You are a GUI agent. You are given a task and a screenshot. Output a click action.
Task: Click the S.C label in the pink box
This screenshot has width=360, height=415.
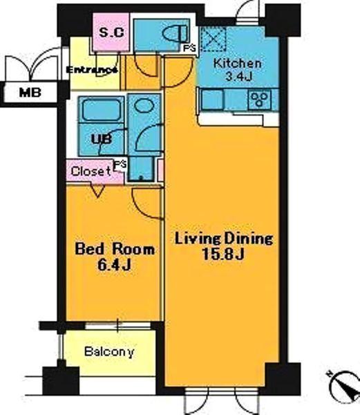point(111,33)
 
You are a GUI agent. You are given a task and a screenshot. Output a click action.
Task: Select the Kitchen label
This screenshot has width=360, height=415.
point(238,64)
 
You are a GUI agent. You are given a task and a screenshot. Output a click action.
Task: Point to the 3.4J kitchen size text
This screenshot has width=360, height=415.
point(238,77)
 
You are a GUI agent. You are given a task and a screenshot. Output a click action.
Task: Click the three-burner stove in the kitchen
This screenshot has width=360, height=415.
point(260,100)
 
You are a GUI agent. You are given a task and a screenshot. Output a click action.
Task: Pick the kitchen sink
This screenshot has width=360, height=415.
point(213,100)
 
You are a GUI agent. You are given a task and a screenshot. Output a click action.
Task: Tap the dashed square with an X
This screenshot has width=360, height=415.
point(214,39)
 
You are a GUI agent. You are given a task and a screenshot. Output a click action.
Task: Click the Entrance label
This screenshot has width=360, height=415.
point(92,70)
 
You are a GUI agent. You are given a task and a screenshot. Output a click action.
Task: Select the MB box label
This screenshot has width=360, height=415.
point(30,93)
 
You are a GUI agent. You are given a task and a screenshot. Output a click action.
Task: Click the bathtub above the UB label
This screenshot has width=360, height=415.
point(102,109)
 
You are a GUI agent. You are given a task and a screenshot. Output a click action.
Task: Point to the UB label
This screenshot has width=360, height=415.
point(102,140)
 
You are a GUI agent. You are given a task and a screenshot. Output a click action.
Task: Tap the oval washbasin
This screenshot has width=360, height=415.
point(144,105)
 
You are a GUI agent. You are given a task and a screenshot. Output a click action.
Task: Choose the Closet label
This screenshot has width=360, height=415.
point(91,172)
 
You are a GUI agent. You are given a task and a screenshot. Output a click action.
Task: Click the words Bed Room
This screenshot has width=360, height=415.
point(115,249)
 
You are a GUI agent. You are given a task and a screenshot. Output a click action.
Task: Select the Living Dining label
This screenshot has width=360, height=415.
point(224,239)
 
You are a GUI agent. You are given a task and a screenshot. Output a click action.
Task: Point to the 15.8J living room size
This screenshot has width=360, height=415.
point(222,255)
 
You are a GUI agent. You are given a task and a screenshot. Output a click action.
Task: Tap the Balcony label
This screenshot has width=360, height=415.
point(109,352)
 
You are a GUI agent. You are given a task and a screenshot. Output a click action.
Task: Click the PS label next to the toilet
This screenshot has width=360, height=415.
point(190,48)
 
